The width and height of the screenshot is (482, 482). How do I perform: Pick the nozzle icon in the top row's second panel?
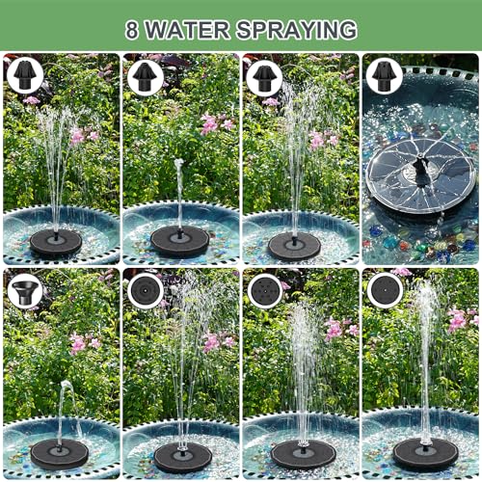[145, 76]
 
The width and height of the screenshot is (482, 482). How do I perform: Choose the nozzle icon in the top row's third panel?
[263, 76]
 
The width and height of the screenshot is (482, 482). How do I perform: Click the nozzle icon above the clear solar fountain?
[383, 74]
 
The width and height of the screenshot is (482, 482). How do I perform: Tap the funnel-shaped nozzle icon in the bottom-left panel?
[24, 290]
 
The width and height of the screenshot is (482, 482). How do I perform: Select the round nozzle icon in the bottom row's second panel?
[146, 290]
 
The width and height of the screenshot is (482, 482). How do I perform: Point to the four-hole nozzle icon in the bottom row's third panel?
[264, 290]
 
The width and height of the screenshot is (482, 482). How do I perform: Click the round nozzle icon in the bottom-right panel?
[384, 289]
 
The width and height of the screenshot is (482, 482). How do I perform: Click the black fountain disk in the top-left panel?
[55, 242]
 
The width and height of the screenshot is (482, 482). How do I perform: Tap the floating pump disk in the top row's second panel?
[179, 241]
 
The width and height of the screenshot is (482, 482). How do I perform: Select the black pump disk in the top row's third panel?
[294, 246]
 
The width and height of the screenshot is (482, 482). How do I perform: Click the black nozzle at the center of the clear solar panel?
[419, 173]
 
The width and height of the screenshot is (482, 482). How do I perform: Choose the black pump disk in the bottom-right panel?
[425, 452]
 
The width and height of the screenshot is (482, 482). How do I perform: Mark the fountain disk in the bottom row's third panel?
[303, 453]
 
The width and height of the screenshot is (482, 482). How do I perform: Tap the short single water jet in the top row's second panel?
[178, 193]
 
